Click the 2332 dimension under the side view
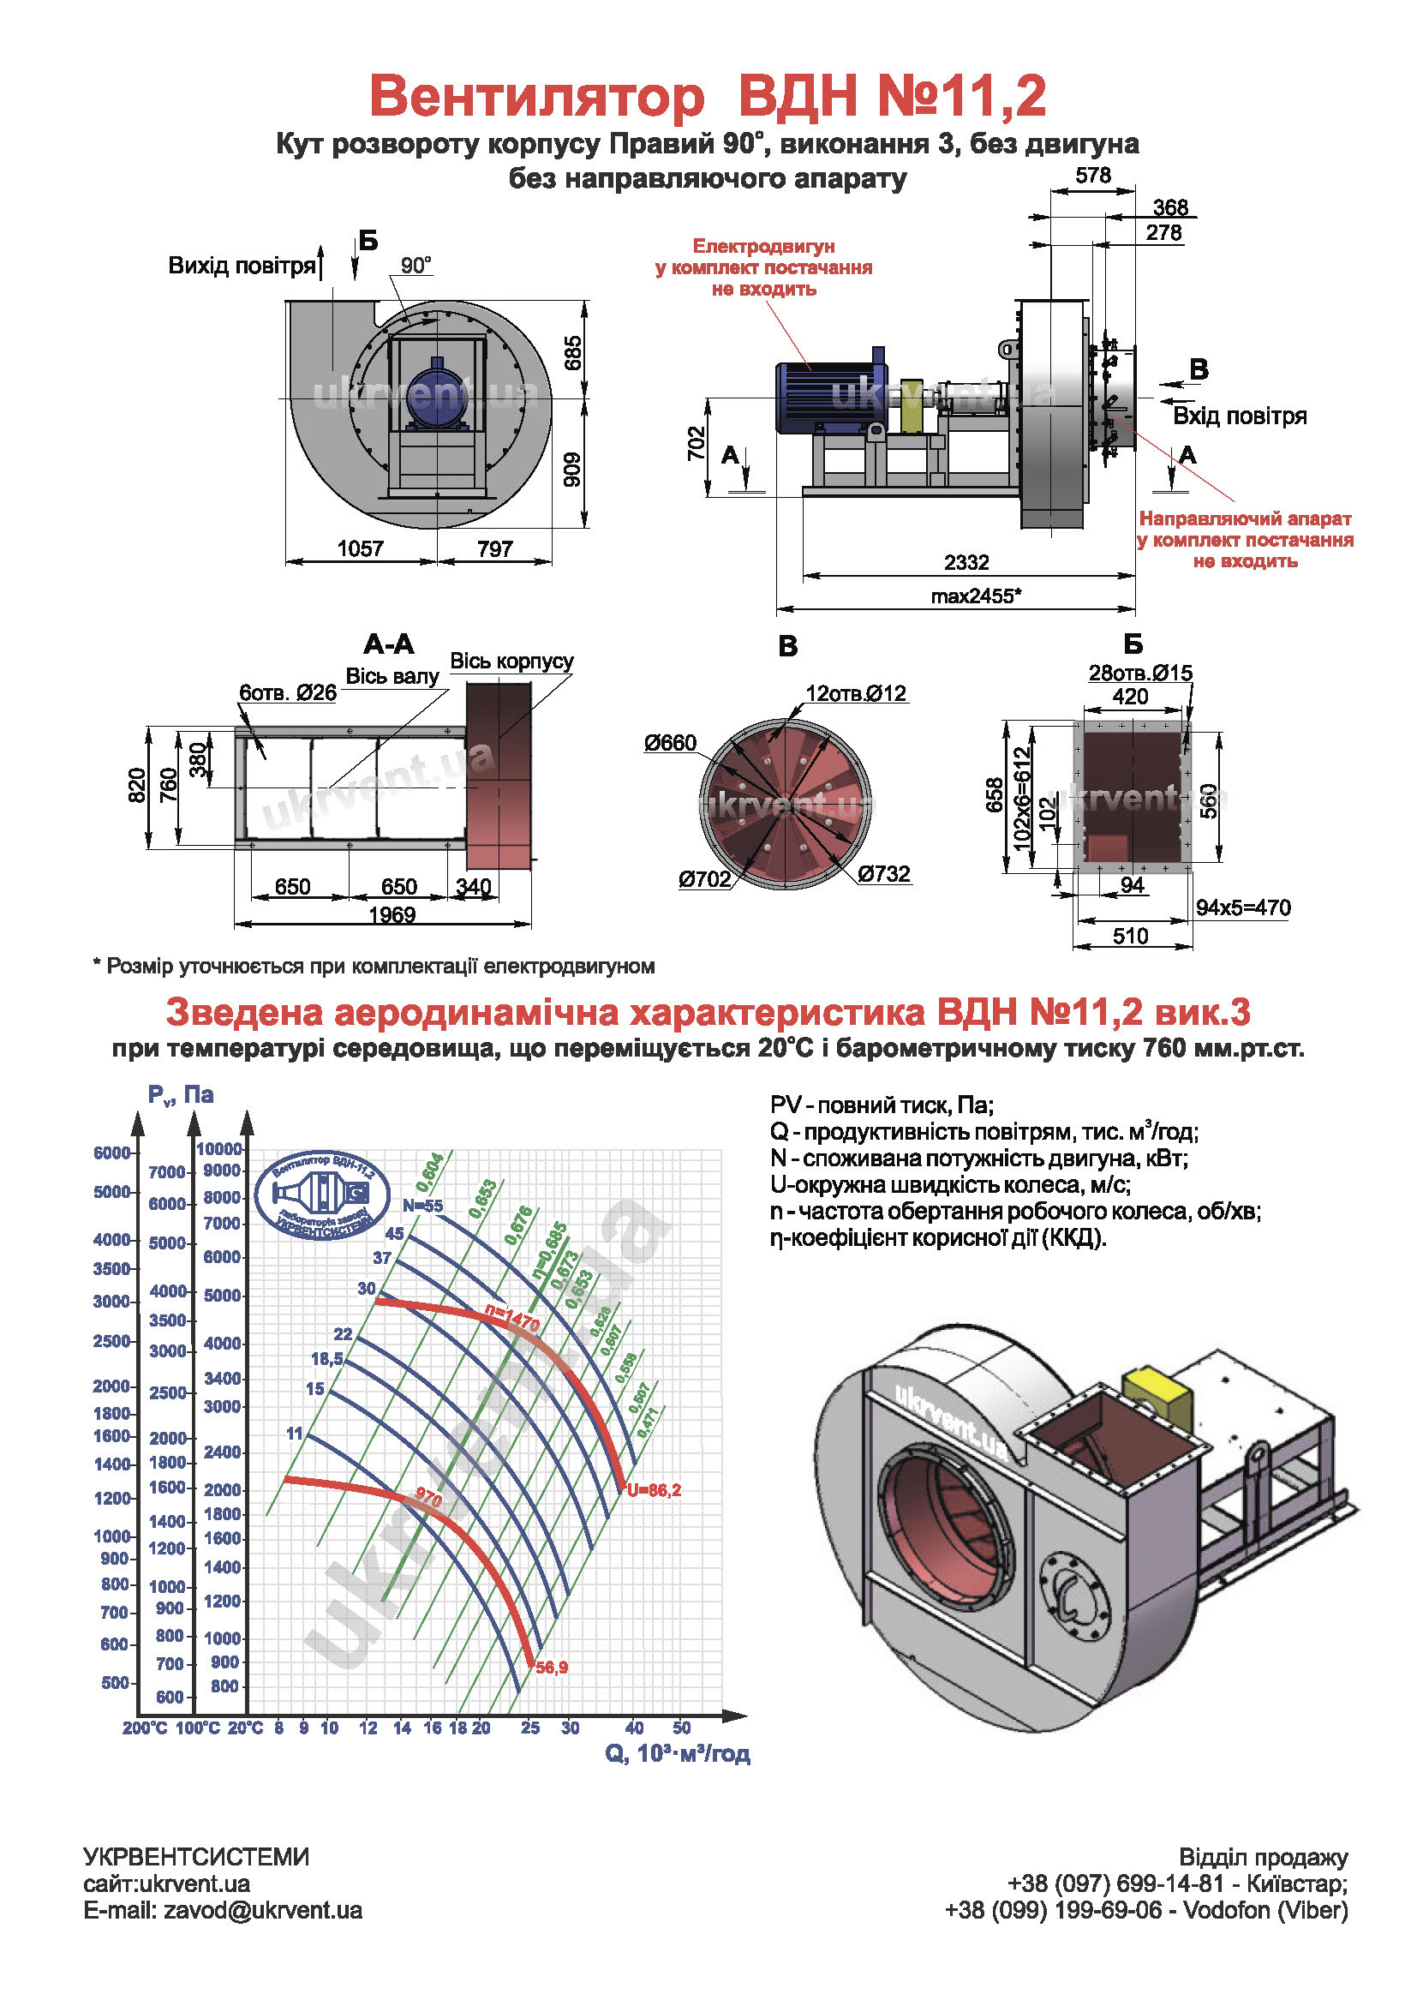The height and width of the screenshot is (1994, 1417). pos(966,562)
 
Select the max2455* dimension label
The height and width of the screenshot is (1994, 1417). pos(976,597)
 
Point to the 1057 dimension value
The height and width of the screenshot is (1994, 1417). pos(361,548)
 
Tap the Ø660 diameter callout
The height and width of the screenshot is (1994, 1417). pos(670,743)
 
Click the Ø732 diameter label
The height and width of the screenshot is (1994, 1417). pos(884,873)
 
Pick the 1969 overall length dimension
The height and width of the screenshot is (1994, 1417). pos(392,914)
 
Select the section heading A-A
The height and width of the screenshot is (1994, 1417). pos(388,645)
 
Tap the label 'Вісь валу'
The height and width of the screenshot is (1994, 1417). pos(392,676)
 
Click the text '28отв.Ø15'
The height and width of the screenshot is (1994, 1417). pos(1139,673)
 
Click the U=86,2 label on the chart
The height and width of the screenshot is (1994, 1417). pos(654,1490)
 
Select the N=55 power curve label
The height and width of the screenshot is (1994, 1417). pos(423,1206)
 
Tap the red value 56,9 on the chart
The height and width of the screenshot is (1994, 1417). pos(552,1668)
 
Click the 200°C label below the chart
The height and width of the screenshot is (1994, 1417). pos(145,1728)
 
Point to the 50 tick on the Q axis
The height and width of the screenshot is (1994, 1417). pos(681,1728)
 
